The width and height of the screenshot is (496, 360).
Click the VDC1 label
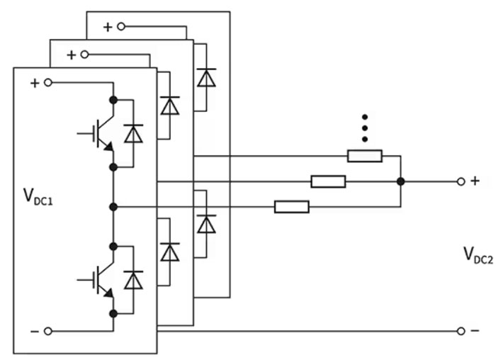tap(38, 197)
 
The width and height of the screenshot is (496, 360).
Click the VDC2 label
tap(478, 255)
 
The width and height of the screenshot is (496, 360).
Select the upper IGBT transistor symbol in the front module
tap(96, 133)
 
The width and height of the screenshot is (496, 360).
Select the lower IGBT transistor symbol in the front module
tap(96, 280)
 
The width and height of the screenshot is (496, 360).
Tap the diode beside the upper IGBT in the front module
tap(133, 133)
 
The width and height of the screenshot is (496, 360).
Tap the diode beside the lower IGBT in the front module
tap(133, 280)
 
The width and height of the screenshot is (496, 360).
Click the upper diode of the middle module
tap(170, 106)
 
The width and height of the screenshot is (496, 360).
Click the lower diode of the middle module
tap(170, 252)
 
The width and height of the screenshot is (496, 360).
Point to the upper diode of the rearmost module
tap(207, 77)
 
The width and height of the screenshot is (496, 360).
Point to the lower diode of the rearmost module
tap(207, 224)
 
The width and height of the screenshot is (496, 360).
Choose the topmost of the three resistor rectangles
tap(365, 156)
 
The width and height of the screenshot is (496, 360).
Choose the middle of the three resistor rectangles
tap(328, 181)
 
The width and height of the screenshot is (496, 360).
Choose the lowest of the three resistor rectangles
tap(292, 207)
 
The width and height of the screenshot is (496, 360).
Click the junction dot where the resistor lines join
tap(401, 181)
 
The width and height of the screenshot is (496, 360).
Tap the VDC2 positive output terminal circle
tap(461, 181)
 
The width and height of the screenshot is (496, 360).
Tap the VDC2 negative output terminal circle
tap(461, 331)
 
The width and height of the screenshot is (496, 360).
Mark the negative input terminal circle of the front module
tap(48, 331)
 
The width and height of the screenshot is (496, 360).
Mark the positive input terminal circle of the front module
tap(48, 83)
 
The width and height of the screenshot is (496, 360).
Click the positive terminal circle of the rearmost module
tap(121, 26)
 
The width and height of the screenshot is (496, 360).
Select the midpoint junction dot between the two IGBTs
tap(113, 207)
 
